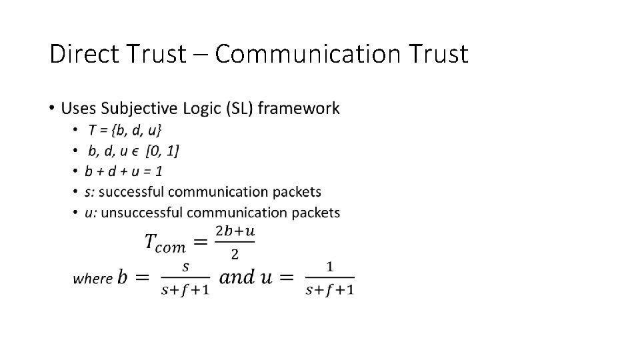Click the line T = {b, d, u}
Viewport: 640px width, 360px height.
click(125, 129)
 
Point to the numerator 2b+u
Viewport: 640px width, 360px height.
click(235, 231)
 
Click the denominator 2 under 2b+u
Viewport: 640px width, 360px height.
click(235, 254)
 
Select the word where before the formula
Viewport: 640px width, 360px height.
click(92, 279)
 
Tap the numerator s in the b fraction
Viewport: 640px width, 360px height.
click(185, 267)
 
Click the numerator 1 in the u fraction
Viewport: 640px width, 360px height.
click(330, 267)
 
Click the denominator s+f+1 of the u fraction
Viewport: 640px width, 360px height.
click(329, 290)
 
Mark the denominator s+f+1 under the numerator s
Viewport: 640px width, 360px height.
click(185, 290)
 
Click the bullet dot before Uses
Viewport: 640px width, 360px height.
click(52, 108)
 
